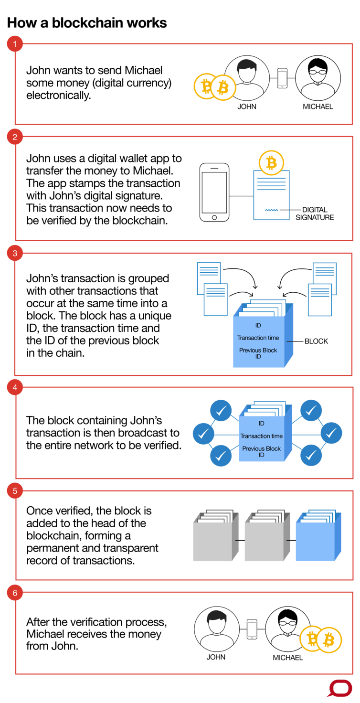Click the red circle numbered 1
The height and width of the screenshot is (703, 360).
tap(15, 44)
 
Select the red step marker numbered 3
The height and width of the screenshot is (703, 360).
tap(15, 254)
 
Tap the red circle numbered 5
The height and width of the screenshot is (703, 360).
tap(15, 491)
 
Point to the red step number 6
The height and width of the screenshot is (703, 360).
tap(15, 593)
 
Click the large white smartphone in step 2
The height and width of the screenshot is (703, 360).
tap(214, 192)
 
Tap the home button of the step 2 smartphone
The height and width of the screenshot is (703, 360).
tap(214, 217)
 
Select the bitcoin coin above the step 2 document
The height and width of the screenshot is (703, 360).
tap(271, 163)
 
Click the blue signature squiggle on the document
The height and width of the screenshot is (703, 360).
tap(272, 210)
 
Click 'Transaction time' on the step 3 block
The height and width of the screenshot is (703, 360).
tap(258, 338)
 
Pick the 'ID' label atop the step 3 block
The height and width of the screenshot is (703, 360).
tap(258, 325)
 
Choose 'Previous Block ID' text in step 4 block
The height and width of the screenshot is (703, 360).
tap(261, 452)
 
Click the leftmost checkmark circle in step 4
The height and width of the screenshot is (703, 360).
tap(203, 434)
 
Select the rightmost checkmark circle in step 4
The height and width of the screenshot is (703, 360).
tap(331, 434)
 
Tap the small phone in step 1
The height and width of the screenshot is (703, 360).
tap(282, 78)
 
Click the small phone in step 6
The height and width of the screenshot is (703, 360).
tap(252, 629)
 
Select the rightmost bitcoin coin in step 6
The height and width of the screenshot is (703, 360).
tap(328, 640)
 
